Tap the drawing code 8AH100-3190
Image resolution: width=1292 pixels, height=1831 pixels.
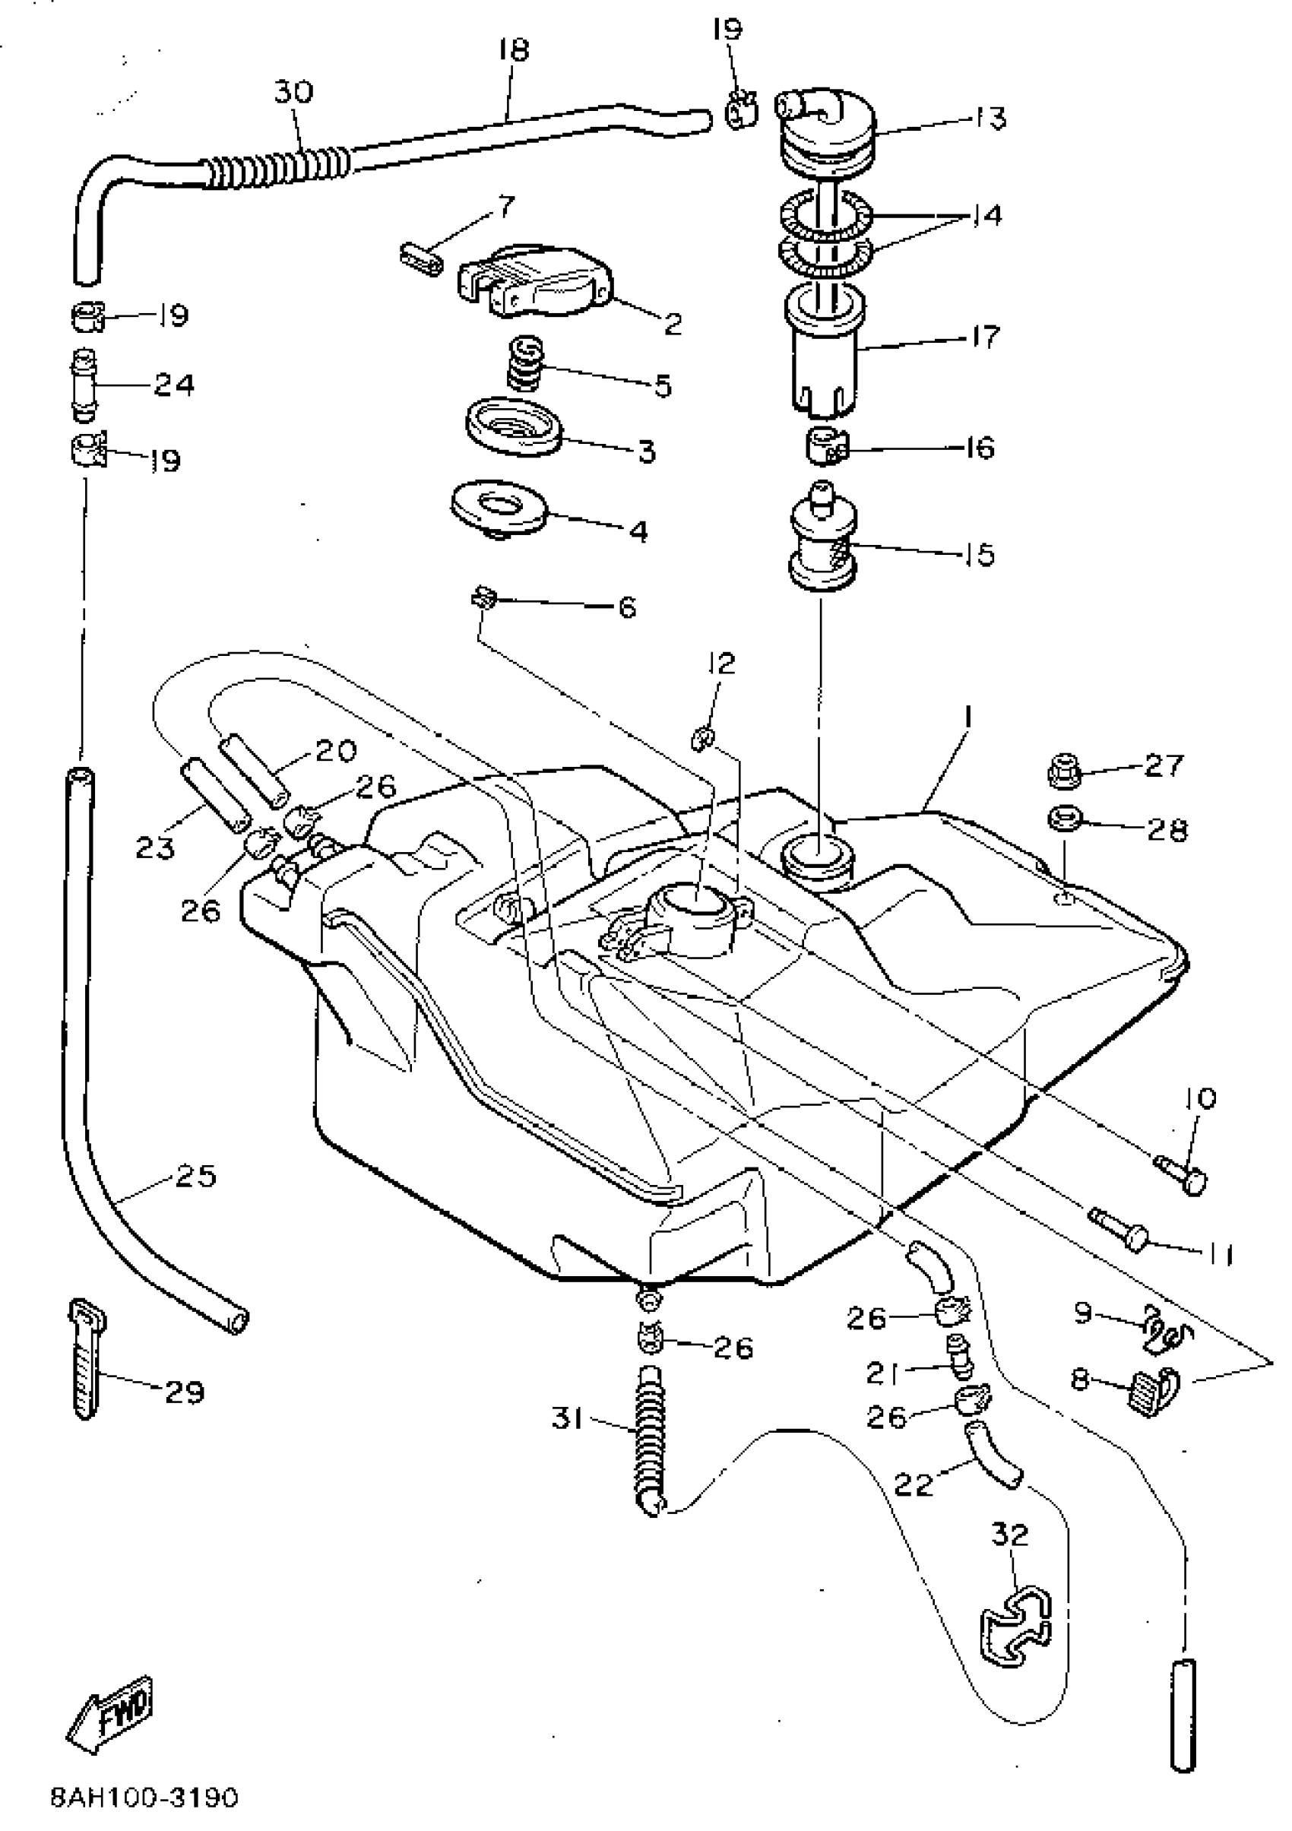click(144, 1797)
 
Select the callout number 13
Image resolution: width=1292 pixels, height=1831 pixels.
click(990, 118)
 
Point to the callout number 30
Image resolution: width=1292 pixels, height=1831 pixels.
click(293, 92)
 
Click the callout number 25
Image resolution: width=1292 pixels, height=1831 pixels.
click(196, 1177)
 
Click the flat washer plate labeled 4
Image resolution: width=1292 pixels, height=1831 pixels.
click(499, 506)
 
